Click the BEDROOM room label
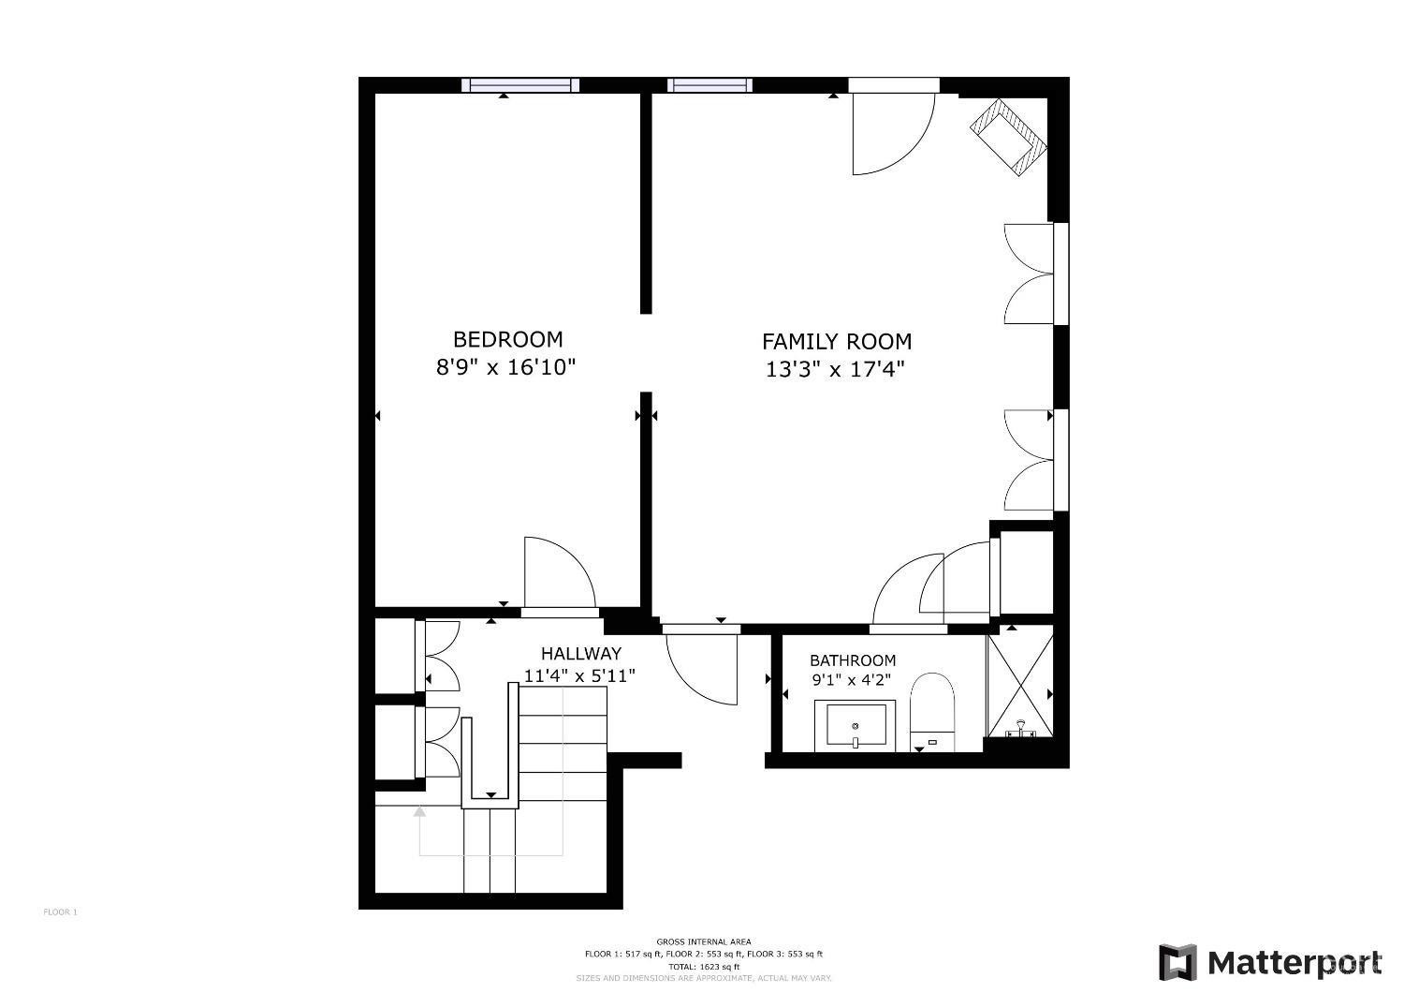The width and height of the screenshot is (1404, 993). [507, 339]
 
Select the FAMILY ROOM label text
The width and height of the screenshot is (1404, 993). [836, 342]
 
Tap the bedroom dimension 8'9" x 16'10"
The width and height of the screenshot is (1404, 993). [505, 366]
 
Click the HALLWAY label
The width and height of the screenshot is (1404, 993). [580, 654]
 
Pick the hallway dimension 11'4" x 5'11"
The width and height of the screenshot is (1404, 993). [579, 674]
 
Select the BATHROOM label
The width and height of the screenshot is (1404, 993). [853, 660]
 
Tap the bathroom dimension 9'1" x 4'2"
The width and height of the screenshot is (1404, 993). [851, 681]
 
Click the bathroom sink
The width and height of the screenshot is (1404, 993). [855, 725]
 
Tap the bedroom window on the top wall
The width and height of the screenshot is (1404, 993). [521, 85]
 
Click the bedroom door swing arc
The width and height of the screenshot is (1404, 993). [559, 571]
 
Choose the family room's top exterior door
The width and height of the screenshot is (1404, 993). [894, 131]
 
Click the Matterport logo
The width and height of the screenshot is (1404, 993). [1270, 962]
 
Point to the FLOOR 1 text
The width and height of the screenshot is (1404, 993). [61, 911]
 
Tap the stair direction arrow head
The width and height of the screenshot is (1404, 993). [419, 811]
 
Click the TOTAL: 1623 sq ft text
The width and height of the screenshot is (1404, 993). [703, 966]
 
